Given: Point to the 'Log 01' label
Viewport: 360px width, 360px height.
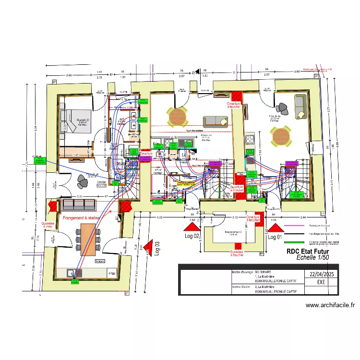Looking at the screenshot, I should [x=275, y=237].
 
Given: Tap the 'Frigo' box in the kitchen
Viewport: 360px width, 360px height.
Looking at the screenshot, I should [x=112, y=274].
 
